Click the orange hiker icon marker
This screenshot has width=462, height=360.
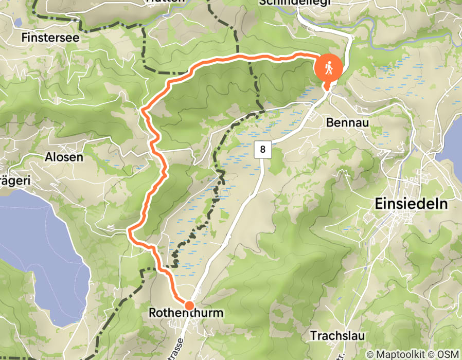[x=328, y=67]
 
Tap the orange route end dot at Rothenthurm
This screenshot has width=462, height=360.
[x=189, y=305]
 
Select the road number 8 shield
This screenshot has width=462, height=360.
[x=262, y=150]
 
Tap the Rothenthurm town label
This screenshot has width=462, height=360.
[x=186, y=312]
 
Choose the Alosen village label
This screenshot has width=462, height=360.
[x=64, y=157]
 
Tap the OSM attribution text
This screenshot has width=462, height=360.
[x=449, y=354]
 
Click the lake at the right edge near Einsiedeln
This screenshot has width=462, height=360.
[x=453, y=139]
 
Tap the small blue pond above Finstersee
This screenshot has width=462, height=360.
[x=19, y=23]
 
